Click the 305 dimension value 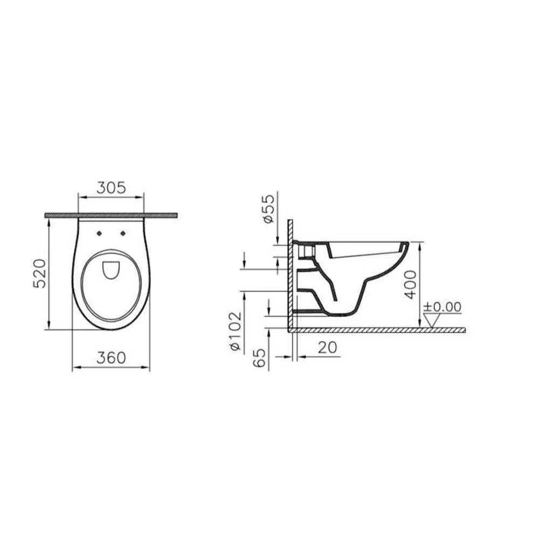(111, 188)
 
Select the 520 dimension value (40, 273)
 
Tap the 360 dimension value (111, 358)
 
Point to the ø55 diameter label (268, 209)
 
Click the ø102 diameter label (235, 331)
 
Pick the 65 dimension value (259, 358)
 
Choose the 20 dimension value (327, 348)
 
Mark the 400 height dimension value (410, 285)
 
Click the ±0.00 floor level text (442, 307)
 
